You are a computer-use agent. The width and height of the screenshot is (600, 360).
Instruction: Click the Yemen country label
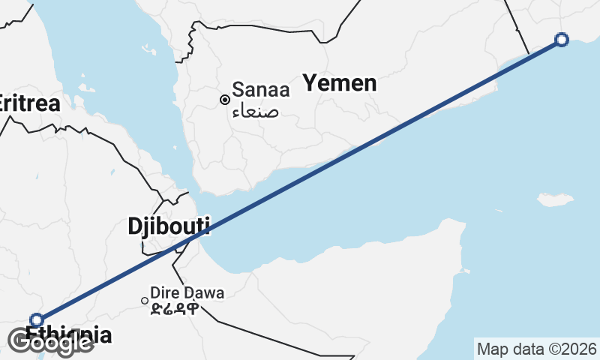[x=339, y=82]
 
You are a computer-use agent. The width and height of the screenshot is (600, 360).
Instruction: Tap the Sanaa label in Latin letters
[x=260, y=89]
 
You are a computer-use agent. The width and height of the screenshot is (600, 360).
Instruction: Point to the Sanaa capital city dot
[x=224, y=99]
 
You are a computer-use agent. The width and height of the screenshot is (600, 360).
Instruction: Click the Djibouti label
[x=168, y=226]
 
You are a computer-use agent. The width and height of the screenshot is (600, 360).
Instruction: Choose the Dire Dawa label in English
[x=187, y=292]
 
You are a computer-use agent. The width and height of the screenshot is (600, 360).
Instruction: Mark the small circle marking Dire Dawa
[x=145, y=301]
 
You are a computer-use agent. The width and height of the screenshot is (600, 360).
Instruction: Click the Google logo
[x=51, y=342]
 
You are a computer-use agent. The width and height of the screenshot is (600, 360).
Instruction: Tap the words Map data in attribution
[x=508, y=349]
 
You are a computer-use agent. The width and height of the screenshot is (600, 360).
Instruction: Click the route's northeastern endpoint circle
[x=562, y=40]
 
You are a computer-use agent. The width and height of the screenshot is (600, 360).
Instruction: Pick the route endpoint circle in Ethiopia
[x=36, y=320]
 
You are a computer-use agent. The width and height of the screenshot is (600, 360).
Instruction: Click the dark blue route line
[x=300, y=184]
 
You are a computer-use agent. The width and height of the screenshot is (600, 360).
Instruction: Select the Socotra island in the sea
[x=556, y=199]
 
